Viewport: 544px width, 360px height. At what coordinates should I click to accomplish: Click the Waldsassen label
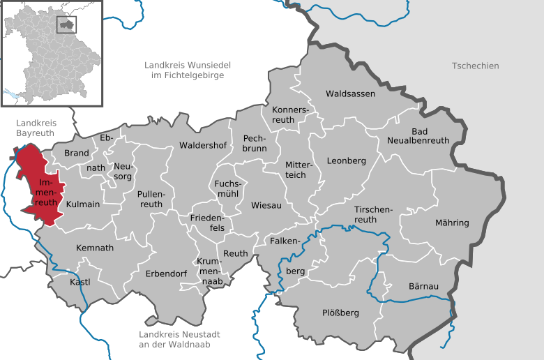[x=350, y=93]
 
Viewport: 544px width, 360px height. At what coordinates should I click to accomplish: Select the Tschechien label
[x=475, y=66]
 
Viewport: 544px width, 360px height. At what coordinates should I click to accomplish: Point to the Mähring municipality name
[x=451, y=223]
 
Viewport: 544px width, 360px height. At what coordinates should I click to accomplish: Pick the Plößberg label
[x=340, y=313]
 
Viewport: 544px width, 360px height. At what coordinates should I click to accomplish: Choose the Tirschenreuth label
[x=375, y=214]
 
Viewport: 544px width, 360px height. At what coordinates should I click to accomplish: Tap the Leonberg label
[x=347, y=160]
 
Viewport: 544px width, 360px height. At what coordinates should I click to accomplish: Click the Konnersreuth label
[x=289, y=114]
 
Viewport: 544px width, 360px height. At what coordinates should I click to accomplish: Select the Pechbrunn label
[x=255, y=144]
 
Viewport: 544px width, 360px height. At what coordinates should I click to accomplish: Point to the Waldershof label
[x=203, y=146]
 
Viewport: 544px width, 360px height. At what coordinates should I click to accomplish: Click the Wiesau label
[x=266, y=206]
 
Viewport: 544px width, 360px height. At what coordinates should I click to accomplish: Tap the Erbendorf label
[x=166, y=274]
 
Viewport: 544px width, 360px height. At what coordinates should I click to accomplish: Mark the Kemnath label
[x=94, y=248]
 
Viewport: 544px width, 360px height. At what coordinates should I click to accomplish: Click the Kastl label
[x=80, y=282]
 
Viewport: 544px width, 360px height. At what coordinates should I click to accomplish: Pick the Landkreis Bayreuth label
[x=36, y=128]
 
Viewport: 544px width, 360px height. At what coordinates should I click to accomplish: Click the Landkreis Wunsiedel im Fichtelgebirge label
[x=188, y=70]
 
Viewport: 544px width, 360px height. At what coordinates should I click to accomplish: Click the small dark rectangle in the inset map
[x=67, y=24]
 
